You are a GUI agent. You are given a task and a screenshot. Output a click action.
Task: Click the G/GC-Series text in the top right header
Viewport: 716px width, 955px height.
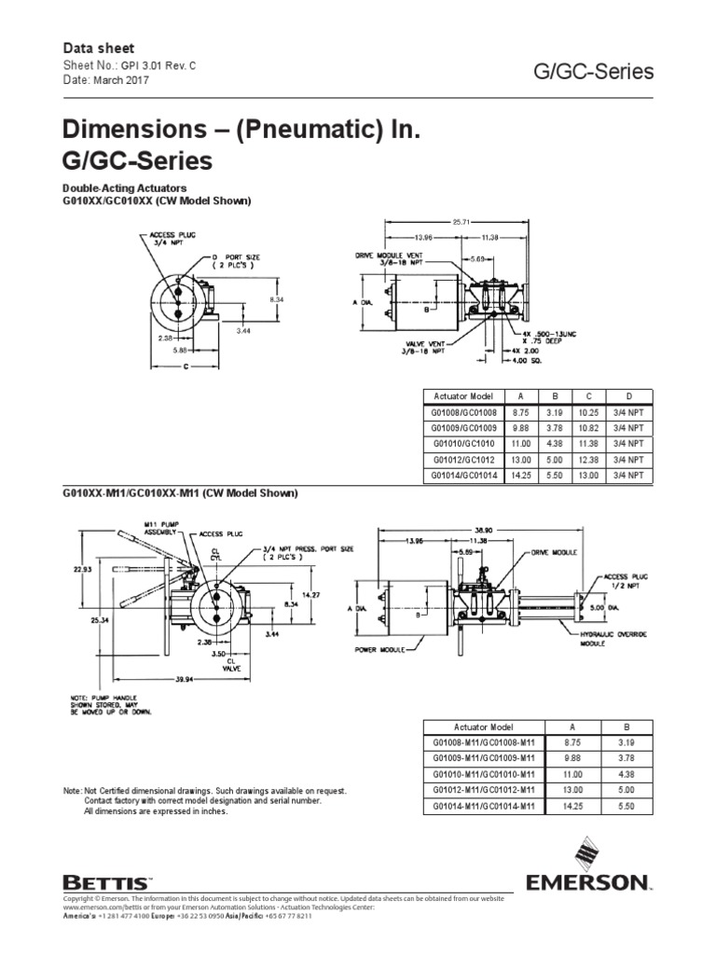click(x=591, y=72)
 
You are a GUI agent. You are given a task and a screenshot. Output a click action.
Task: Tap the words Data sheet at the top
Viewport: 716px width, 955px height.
click(x=98, y=48)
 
